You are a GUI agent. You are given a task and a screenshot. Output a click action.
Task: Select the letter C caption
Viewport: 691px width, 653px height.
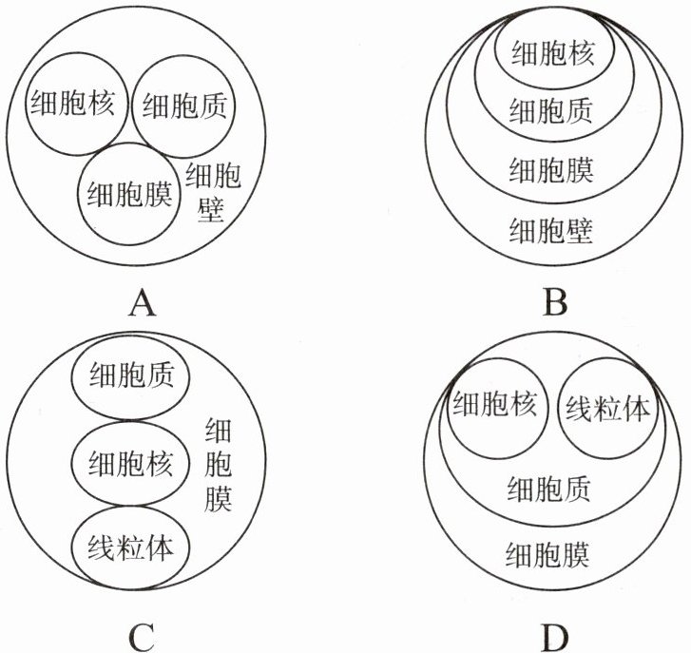tap(141, 637)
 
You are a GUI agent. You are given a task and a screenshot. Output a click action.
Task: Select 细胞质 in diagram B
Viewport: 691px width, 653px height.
tap(551, 111)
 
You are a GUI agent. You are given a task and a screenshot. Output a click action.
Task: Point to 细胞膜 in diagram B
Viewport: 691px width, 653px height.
tap(551, 170)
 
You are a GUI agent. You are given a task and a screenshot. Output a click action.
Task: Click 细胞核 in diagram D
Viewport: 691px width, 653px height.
tap(494, 406)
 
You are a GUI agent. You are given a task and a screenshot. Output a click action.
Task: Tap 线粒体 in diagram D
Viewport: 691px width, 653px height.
tap(607, 409)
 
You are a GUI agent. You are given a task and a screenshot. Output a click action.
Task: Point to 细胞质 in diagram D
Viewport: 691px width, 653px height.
tap(548, 489)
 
